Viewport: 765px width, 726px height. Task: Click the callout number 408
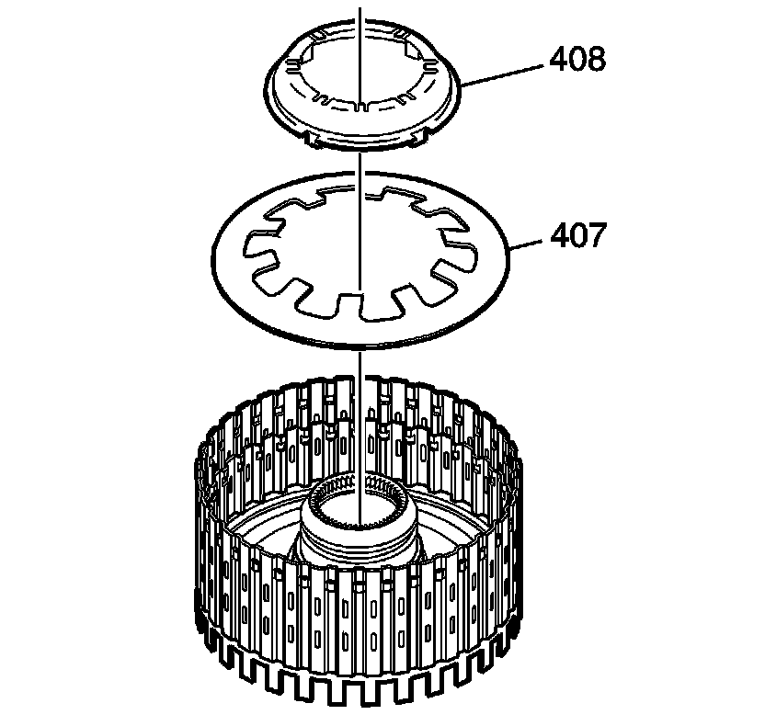pyautogui.click(x=577, y=60)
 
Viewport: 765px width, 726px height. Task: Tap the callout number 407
pyautogui.click(x=578, y=235)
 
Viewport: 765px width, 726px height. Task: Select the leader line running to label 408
pyautogui.click(x=506, y=72)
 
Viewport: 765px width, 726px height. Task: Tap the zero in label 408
pyautogui.click(x=577, y=60)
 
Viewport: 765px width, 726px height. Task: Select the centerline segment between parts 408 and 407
pyautogui.click(x=360, y=165)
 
